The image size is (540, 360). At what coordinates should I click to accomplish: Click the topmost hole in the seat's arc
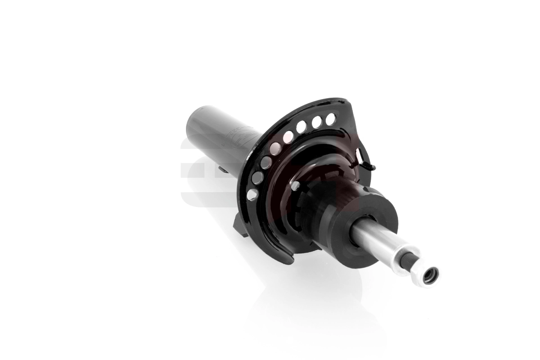(331, 118)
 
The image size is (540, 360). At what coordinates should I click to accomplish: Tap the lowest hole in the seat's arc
(252, 194)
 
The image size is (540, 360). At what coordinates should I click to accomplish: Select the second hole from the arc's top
(317, 122)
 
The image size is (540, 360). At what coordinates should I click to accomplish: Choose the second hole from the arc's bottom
(257, 178)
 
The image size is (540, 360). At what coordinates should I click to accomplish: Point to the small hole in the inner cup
(295, 185)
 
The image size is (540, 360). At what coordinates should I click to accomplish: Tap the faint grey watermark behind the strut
(191, 171)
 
